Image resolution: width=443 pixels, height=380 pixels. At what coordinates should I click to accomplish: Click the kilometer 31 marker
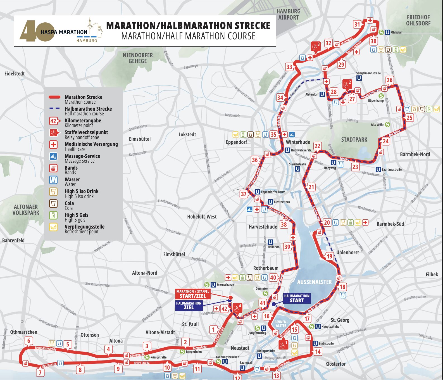click(x=357, y=24)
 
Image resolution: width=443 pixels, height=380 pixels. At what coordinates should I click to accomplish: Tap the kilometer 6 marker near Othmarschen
click(x=28, y=341)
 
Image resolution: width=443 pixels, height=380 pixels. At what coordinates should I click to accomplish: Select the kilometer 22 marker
click(x=317, y=146)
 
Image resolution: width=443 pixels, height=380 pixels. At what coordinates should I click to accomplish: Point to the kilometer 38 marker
click(x=284, y=224)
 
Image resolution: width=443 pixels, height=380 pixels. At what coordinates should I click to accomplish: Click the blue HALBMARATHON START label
click(x=297, y=298)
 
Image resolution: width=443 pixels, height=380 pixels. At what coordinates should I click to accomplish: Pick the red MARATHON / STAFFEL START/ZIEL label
click(x=192, y=294)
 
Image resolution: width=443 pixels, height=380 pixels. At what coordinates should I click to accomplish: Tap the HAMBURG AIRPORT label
click(x=289, y=15)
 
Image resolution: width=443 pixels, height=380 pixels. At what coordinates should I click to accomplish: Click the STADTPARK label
click(x=354, y=139)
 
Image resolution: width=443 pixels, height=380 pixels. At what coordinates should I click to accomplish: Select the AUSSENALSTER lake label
click(x=314, y=282)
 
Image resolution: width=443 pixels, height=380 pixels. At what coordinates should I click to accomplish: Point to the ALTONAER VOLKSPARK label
click(x=26, y=210)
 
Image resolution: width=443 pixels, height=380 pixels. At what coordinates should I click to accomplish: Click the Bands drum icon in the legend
click(x=53, y=168)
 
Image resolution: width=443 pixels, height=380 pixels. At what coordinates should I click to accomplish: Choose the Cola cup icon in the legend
click(x=53, y=203)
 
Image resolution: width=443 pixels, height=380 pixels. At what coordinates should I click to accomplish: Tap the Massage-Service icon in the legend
click(x=53, y=156)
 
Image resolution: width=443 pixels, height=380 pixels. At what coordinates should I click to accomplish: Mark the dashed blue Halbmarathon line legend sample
click(x=54, y=108)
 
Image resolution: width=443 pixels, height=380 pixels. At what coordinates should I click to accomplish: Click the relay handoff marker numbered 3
click(x=316, y=47)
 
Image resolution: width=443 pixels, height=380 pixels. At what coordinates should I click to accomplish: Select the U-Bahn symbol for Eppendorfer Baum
click(x=257, y=192)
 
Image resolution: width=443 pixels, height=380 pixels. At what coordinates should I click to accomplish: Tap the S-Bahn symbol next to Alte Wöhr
click(x=387, y=124)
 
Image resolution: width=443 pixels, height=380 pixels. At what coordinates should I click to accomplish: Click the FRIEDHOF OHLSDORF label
click(x=418, y=20)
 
